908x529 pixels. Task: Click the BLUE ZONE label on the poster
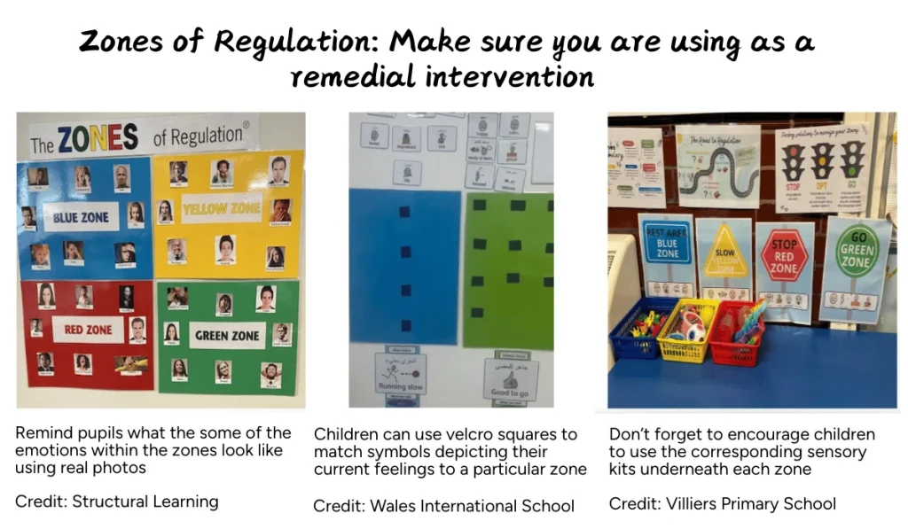click(82, 216)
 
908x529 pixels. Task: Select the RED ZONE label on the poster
click(88, 331)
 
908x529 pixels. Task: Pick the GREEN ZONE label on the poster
click(227, 336)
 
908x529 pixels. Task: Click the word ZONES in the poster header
click(98, 138)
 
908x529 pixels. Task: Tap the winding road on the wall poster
click(717, 173)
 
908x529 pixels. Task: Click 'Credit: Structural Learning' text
click(117, 502)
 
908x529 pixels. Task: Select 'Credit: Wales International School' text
click(443, 506)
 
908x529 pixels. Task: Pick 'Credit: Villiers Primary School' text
click(722, 503)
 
